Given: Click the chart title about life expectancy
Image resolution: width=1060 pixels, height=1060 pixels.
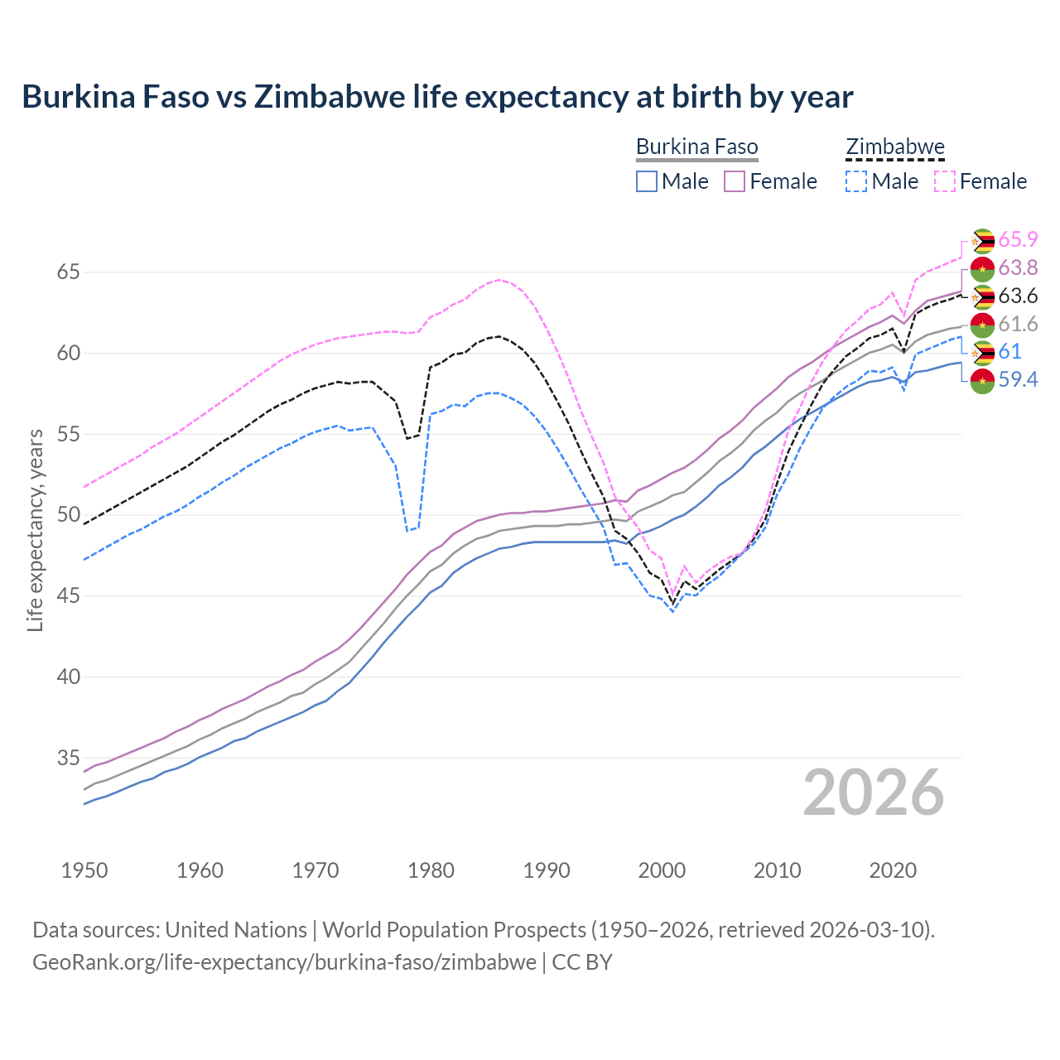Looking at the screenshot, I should (437, 97).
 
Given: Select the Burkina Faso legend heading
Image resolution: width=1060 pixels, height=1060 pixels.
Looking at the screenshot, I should (696, 147).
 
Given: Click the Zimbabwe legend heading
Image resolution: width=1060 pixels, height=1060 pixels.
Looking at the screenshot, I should (894, 147).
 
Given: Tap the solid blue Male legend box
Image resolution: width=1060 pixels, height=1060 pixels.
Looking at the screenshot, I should (647, 181).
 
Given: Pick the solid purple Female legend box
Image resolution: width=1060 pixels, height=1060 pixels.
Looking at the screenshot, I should (735, 181).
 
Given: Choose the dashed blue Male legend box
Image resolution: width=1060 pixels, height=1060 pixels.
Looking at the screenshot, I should (856, 181).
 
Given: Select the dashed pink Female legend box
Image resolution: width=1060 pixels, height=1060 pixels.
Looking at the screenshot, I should (945, 181).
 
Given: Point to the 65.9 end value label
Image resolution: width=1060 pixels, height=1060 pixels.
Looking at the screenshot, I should (1018, 240).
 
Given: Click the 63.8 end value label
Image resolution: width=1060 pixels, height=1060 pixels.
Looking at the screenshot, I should (1018, 268).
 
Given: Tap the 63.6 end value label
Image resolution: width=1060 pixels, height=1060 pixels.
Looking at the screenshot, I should (1018, 296).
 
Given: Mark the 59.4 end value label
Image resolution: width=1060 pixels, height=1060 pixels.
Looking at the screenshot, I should (1018, 380).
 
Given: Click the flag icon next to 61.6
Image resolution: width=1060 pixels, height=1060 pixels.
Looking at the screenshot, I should (982, 325).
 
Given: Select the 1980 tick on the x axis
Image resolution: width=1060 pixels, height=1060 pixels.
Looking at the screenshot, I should (431, 870).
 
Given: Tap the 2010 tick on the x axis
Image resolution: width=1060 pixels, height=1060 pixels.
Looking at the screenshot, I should (778, 870).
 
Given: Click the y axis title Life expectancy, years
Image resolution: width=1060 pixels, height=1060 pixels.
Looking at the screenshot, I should (35, 530).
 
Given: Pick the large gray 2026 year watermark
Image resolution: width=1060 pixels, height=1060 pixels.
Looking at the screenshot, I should (873, 793).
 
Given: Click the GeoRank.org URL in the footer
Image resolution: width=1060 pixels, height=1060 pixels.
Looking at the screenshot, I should (284, 962).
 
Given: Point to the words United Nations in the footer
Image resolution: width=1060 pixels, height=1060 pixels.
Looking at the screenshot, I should (236, 930).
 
